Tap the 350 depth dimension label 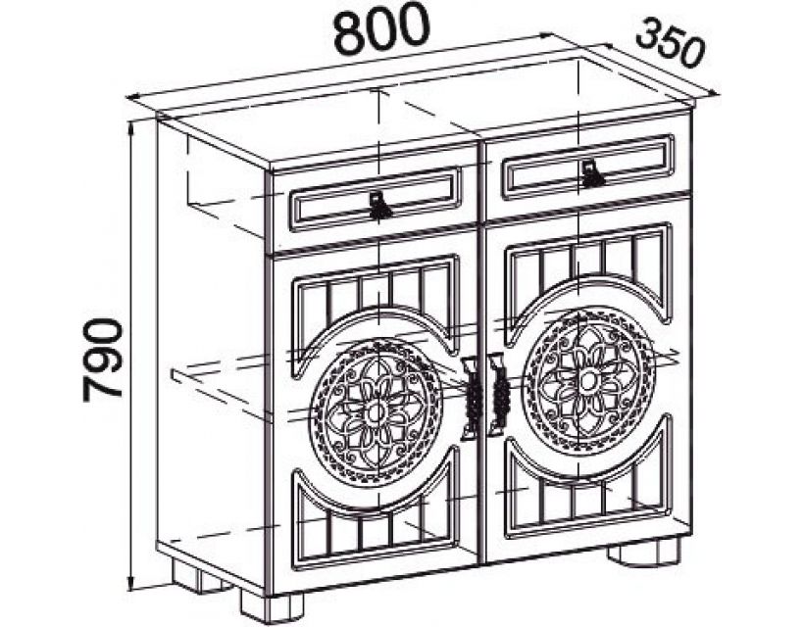pyautogui.click(x=671, y=44)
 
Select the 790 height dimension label pyautogui.click(x=103, y=358)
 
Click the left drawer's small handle pyautogui.click(x=380, y=206)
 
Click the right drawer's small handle pyautogui.click(x=591, y=173)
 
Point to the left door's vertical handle pyautogui.click(x=471, y=397)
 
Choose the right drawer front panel pyautogui.click(x=588, y=169)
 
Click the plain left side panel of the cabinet pyautogui.click(x=211, y=343)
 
